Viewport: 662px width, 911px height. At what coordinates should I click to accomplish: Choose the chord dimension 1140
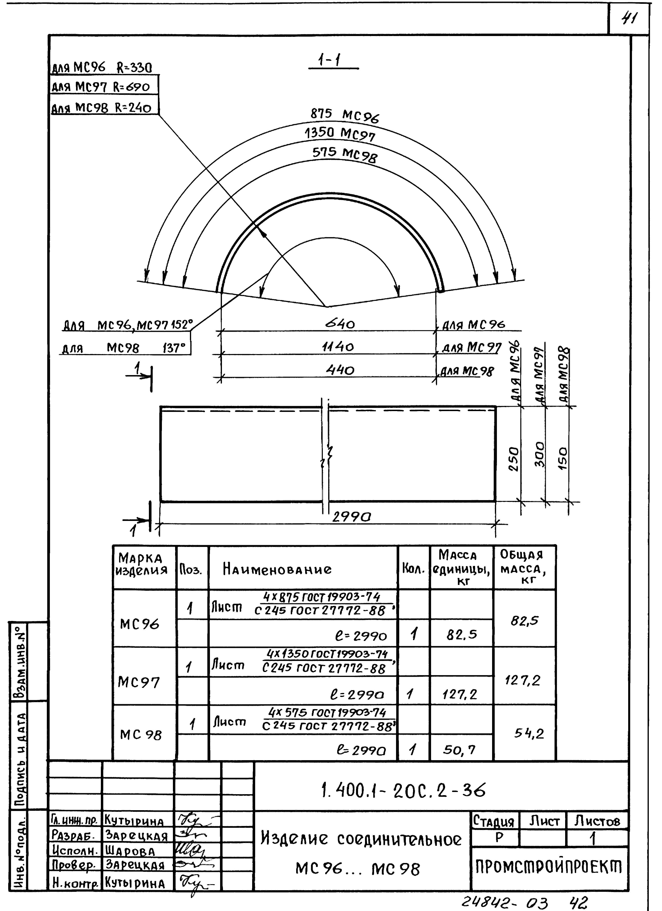338,346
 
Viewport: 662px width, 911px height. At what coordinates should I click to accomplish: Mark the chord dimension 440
340,369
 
